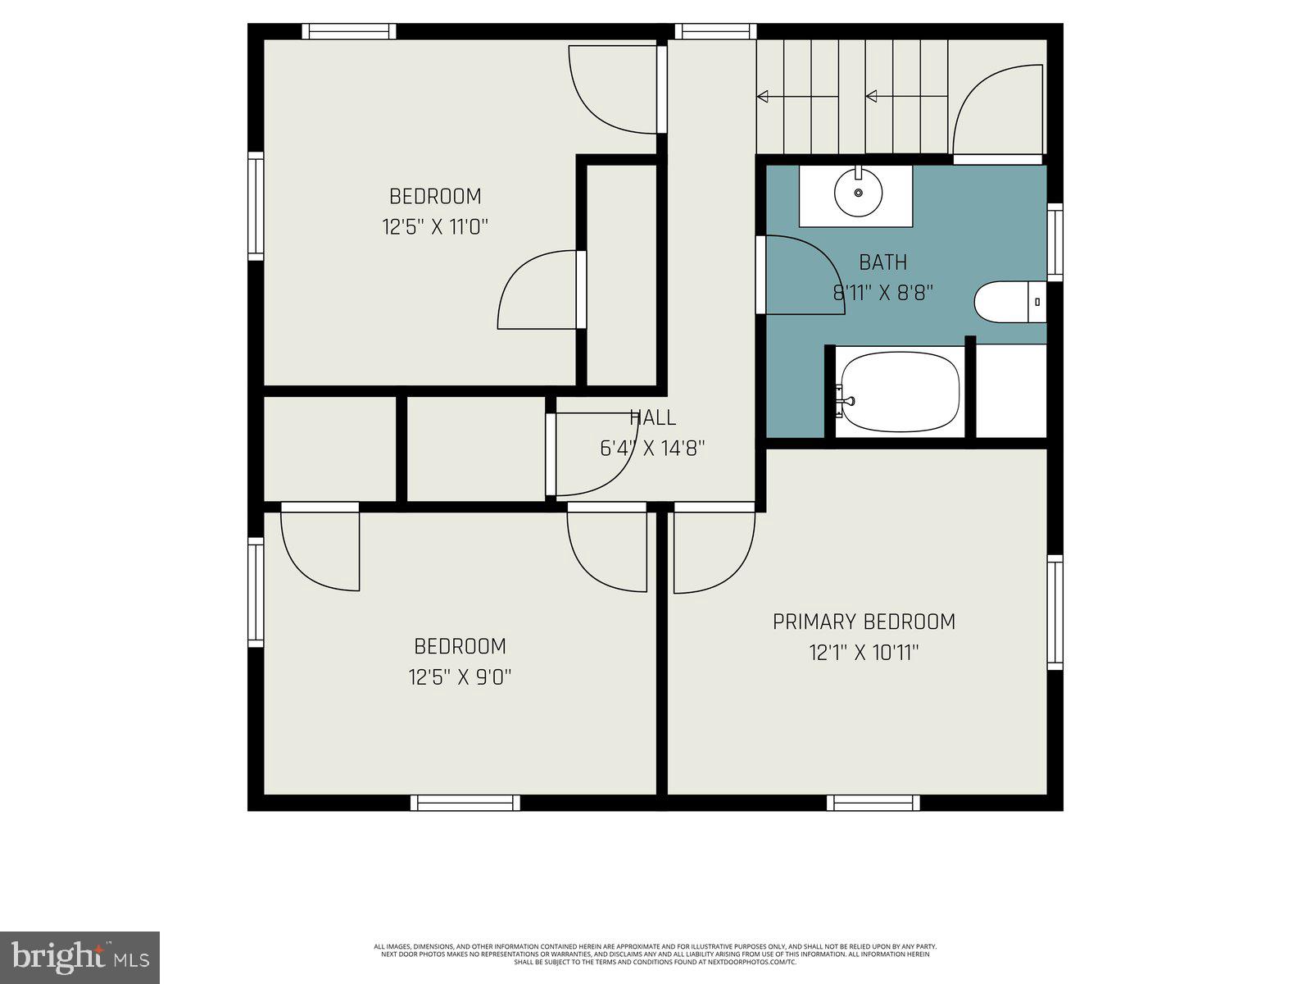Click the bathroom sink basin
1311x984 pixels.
point(858,193)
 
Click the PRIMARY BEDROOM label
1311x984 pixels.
point(864,622)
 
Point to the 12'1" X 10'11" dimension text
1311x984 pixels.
point(864,654)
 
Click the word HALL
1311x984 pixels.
point(653,417)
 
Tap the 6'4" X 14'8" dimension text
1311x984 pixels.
point(652,449)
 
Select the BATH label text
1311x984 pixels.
point(882,262)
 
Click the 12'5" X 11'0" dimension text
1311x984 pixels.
point(435,227)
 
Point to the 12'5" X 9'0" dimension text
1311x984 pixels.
point(460,677)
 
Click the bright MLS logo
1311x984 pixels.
point(79,956)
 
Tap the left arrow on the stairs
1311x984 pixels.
point(764,97)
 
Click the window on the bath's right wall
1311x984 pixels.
point(1055,242)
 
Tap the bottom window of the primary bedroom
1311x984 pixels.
point(873,802)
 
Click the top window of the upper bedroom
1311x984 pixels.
point(349,32)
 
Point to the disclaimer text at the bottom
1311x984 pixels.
point(655,954)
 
